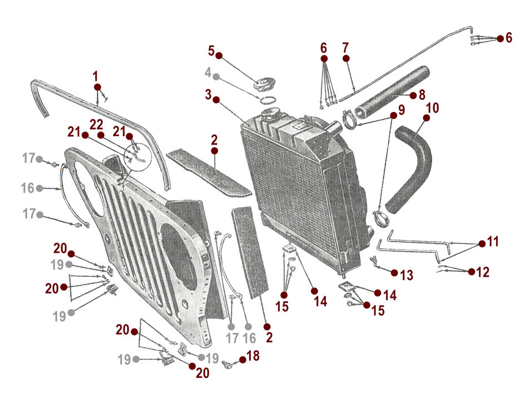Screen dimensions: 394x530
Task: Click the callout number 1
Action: coord(96,75)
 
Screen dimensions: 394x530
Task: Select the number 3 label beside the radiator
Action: coord(208,94)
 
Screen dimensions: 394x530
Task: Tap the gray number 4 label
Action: coord(208,72)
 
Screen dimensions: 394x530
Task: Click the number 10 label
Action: coord(432,107)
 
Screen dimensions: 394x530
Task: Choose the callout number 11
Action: coord(493,242)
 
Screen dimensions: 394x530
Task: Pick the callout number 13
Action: coord(407,274)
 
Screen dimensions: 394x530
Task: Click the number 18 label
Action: coord(252,356)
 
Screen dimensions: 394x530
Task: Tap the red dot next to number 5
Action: coord(219,56)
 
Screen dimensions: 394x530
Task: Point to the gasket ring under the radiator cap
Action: coord(268,100)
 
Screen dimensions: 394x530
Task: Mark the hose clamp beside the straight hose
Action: coord(349,119)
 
